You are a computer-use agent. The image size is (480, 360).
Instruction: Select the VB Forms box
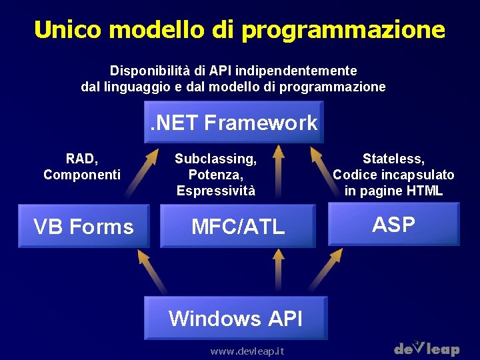(x=83, y=227)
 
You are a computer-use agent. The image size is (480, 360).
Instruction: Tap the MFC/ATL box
(x=238, y=227)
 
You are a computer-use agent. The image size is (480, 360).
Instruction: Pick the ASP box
(x=393, y=225)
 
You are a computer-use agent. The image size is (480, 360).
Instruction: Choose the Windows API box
(x=235, y=318)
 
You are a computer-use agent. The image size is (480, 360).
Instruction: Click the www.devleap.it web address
(x=247, y=351)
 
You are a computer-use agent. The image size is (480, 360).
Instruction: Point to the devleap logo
(x=427, y=348)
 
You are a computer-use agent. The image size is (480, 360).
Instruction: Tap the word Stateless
(x=393, y=159)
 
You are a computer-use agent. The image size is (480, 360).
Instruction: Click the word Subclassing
(x=215, y=159)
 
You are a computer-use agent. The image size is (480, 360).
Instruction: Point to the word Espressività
(x=215, y=191)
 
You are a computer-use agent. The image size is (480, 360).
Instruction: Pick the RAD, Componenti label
(x=82, y=167)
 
